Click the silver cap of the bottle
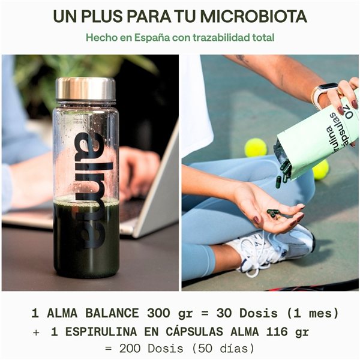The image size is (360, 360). coord(86,89)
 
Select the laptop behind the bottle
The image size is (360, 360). coord(153,192)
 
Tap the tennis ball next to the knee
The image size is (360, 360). coord(256,148)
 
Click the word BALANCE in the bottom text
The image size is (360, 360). coord(114,313)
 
